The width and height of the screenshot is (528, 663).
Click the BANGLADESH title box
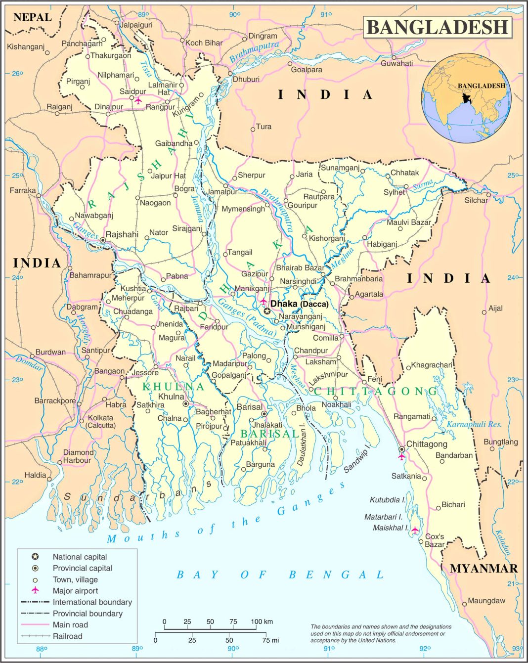pos(438,27)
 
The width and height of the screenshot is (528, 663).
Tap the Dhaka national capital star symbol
pos(267,311)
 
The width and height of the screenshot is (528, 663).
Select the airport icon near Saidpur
pos(138,100)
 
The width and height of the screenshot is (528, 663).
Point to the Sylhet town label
pos(394,192)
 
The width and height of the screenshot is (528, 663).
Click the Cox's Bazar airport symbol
pos(415,530)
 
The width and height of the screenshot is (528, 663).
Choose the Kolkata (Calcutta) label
pos(100,421)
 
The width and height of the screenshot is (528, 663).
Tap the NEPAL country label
pos(33,17)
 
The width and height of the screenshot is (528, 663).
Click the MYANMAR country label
pos(484,569)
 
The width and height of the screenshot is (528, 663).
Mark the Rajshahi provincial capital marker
pos(103,240)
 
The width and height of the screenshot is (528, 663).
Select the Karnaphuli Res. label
pos(474,424)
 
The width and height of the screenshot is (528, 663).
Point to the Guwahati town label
pos(396,63)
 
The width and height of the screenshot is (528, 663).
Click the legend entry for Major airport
pos(75,591)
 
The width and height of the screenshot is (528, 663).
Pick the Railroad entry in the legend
pos(67,636)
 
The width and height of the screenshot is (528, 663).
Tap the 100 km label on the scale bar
pos(262,621)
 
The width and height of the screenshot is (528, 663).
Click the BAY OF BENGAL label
pos(280,575)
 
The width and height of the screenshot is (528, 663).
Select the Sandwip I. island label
pos(356,460)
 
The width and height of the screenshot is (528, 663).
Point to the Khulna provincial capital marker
pos(185,404)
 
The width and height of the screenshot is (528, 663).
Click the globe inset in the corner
pos(466,98)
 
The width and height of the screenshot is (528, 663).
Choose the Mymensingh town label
pos(243,209)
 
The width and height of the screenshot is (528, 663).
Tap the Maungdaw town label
pos(486,601)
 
